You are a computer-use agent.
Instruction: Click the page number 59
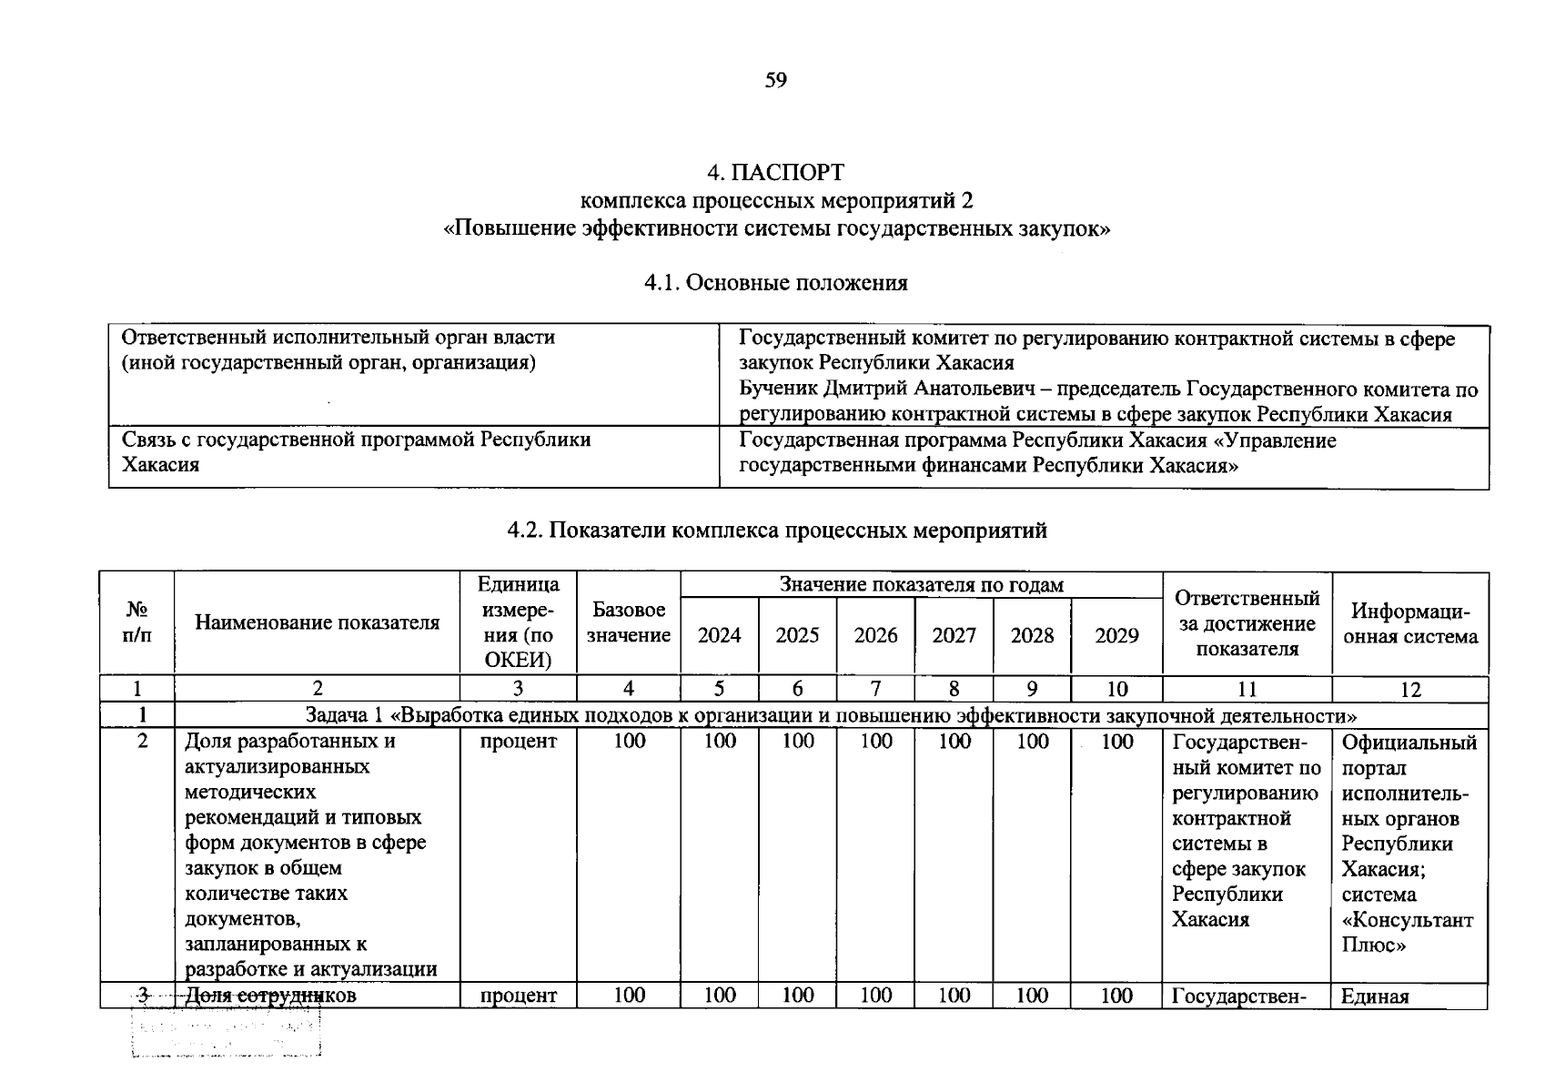(775, 80)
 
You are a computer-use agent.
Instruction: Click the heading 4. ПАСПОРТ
(775, 172)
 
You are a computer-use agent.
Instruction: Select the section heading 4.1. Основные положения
(775, 283)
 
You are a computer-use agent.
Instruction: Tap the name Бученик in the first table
(780, 389)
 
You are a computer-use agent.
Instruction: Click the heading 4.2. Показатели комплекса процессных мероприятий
(776, 531)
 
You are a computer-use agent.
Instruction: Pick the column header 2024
(719, 635)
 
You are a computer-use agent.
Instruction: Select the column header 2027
(954, 635)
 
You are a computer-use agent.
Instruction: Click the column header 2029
(1116, 635)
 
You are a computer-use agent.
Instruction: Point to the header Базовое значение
(628, 622)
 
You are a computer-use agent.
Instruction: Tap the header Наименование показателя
(317, 622)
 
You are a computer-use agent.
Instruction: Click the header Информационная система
(1409, 623)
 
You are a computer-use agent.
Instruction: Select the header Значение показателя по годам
(921, 585)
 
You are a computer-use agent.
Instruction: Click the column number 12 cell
(1409, 690)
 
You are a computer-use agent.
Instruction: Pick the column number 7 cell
(875, 690)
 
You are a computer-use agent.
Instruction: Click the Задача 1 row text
(831, 715)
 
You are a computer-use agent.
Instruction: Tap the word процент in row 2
(518, 742)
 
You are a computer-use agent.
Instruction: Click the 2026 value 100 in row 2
(875, 742)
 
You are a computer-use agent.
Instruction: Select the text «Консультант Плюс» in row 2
(1407, 933)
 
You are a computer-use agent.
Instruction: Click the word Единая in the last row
(1375, 996)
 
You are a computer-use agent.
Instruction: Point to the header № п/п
(136, 622)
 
